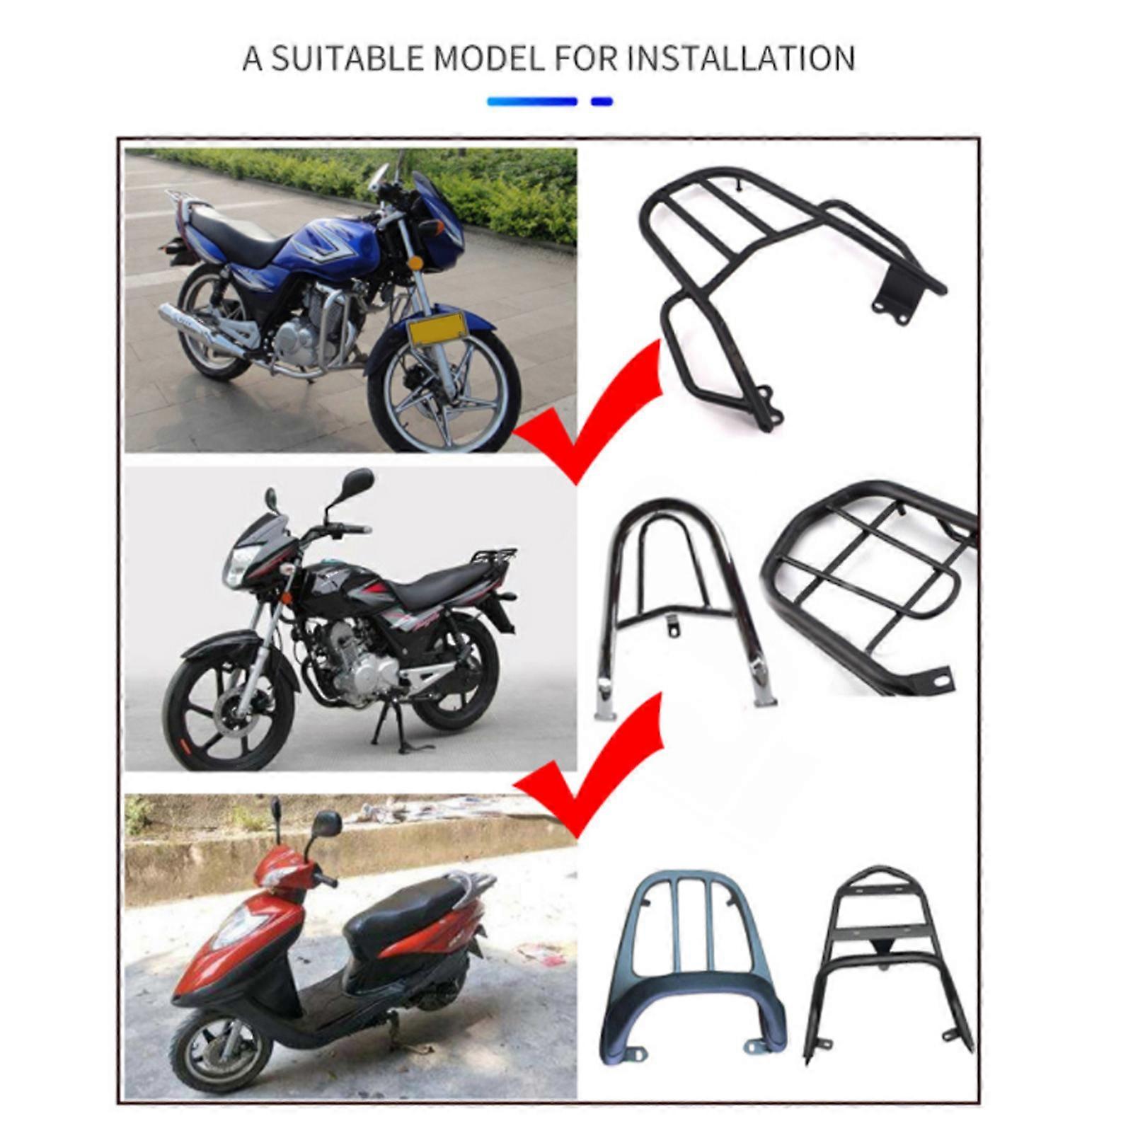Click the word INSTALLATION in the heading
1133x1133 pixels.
click(740, 58)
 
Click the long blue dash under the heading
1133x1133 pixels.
click(532, 102)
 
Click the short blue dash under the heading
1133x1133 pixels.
click(602, 102)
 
